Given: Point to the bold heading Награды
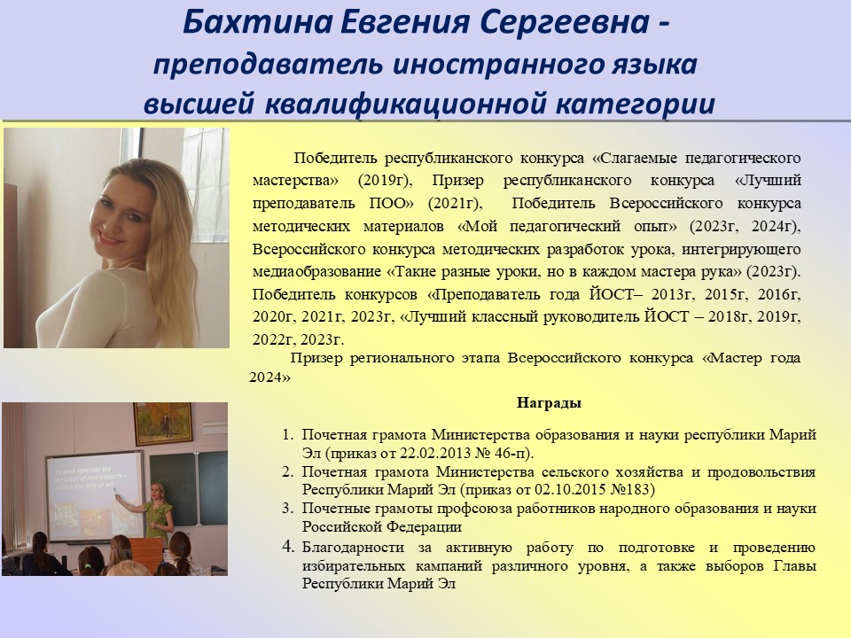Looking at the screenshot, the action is [x=549, y=402].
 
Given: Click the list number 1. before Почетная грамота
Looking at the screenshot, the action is [x=287, y=434].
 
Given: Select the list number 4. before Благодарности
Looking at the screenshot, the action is [x=287, y=547].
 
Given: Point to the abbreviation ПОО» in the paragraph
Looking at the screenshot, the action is [x=391, y=204].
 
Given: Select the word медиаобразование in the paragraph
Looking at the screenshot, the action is [x=317, y=271].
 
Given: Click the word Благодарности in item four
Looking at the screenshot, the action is [x=353, y=547].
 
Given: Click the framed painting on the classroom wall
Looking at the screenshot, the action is [x=163, y=424].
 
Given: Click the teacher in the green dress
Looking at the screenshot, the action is [x=158, y=510].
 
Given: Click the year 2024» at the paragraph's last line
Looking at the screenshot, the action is [x=269, y=377].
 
